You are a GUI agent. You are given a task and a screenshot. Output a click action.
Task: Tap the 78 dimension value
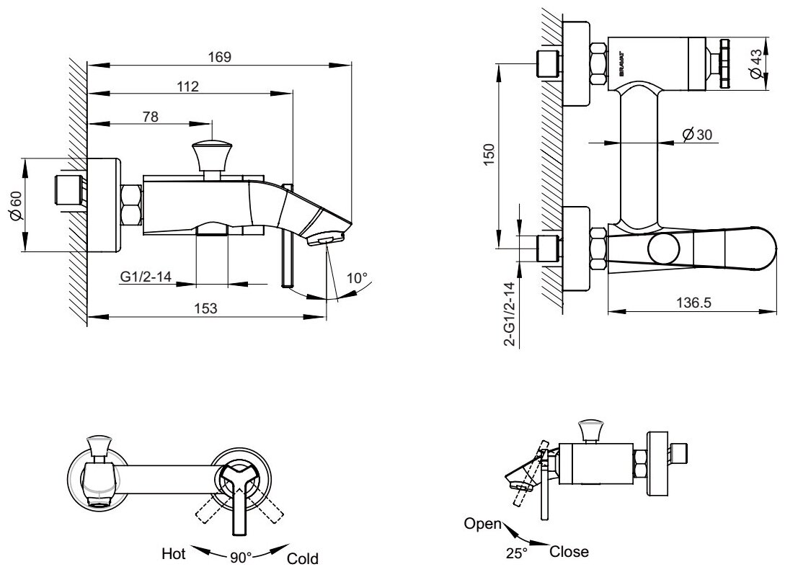151,117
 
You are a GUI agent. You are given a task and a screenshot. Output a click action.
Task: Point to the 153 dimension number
206,308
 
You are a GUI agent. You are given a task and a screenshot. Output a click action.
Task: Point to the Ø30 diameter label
695,134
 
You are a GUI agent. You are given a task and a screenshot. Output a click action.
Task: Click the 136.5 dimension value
694,304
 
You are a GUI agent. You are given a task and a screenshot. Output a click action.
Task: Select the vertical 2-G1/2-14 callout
509,313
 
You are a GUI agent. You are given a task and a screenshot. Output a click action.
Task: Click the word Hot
174,553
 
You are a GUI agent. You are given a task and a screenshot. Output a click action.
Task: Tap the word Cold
302,558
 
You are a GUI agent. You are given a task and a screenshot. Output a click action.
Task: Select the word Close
569,553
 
